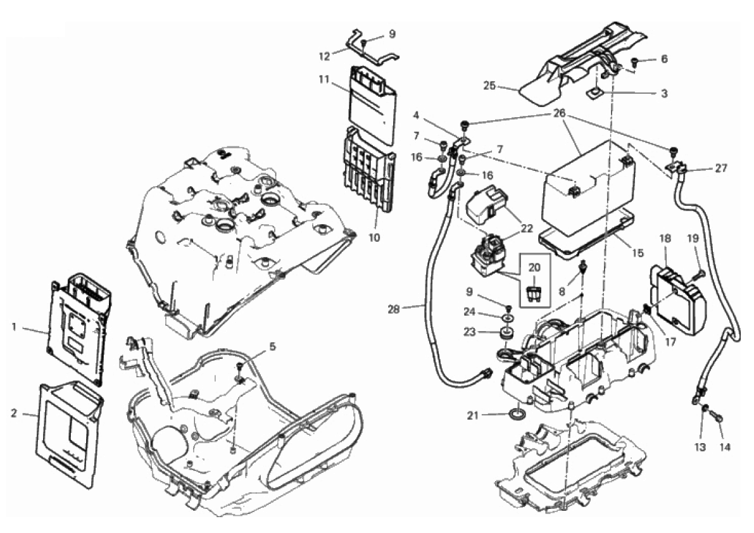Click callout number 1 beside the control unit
[14, 327]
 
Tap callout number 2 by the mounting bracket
[14, 413]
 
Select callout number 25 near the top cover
[489, 86]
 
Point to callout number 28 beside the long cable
[394, 310]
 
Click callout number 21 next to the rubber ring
[473, 415]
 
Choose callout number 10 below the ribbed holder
[374, 237]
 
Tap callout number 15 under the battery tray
[638, 253]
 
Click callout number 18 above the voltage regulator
[665, 239]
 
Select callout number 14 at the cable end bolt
[725, 447]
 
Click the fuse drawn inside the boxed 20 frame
[534, 292]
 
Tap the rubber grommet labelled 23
[506, 332]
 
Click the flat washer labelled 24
[508, 318]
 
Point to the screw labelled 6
[635, 61]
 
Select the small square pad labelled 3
[595, 92]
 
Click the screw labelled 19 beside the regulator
[696, 275]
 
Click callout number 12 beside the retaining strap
[324, 57]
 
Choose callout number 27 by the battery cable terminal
[721, 168]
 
